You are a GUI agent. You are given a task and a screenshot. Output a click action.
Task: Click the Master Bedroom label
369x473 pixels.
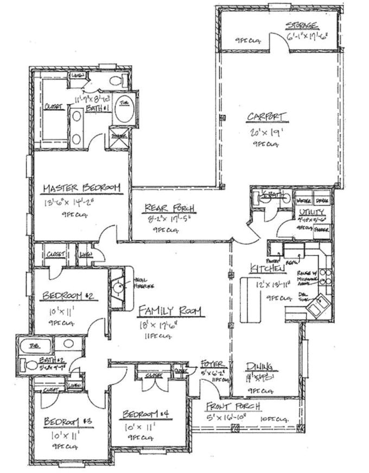point(81,188)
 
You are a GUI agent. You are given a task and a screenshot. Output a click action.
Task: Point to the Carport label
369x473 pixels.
point(266,116)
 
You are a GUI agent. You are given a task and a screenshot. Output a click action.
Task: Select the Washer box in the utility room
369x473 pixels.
point(303,200)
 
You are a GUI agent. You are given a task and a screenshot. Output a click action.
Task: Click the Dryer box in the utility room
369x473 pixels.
point(322,200)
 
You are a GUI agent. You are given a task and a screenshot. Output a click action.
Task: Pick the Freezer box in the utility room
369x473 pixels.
point(322,228)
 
